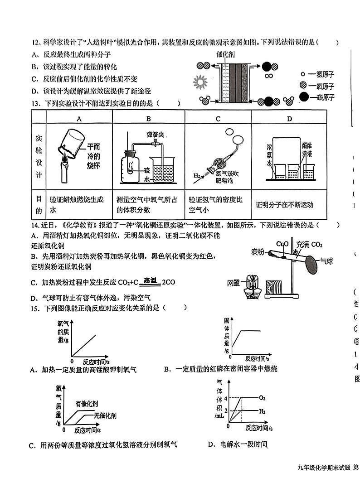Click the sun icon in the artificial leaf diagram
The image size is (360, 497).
[199, 82]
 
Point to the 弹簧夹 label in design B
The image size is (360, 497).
[155, 135]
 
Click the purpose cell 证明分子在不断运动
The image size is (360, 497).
[284, 204]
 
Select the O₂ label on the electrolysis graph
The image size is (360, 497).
[262, 398]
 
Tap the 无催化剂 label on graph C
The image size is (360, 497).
[105, 415]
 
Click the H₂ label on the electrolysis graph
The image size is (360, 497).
[262, 411]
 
